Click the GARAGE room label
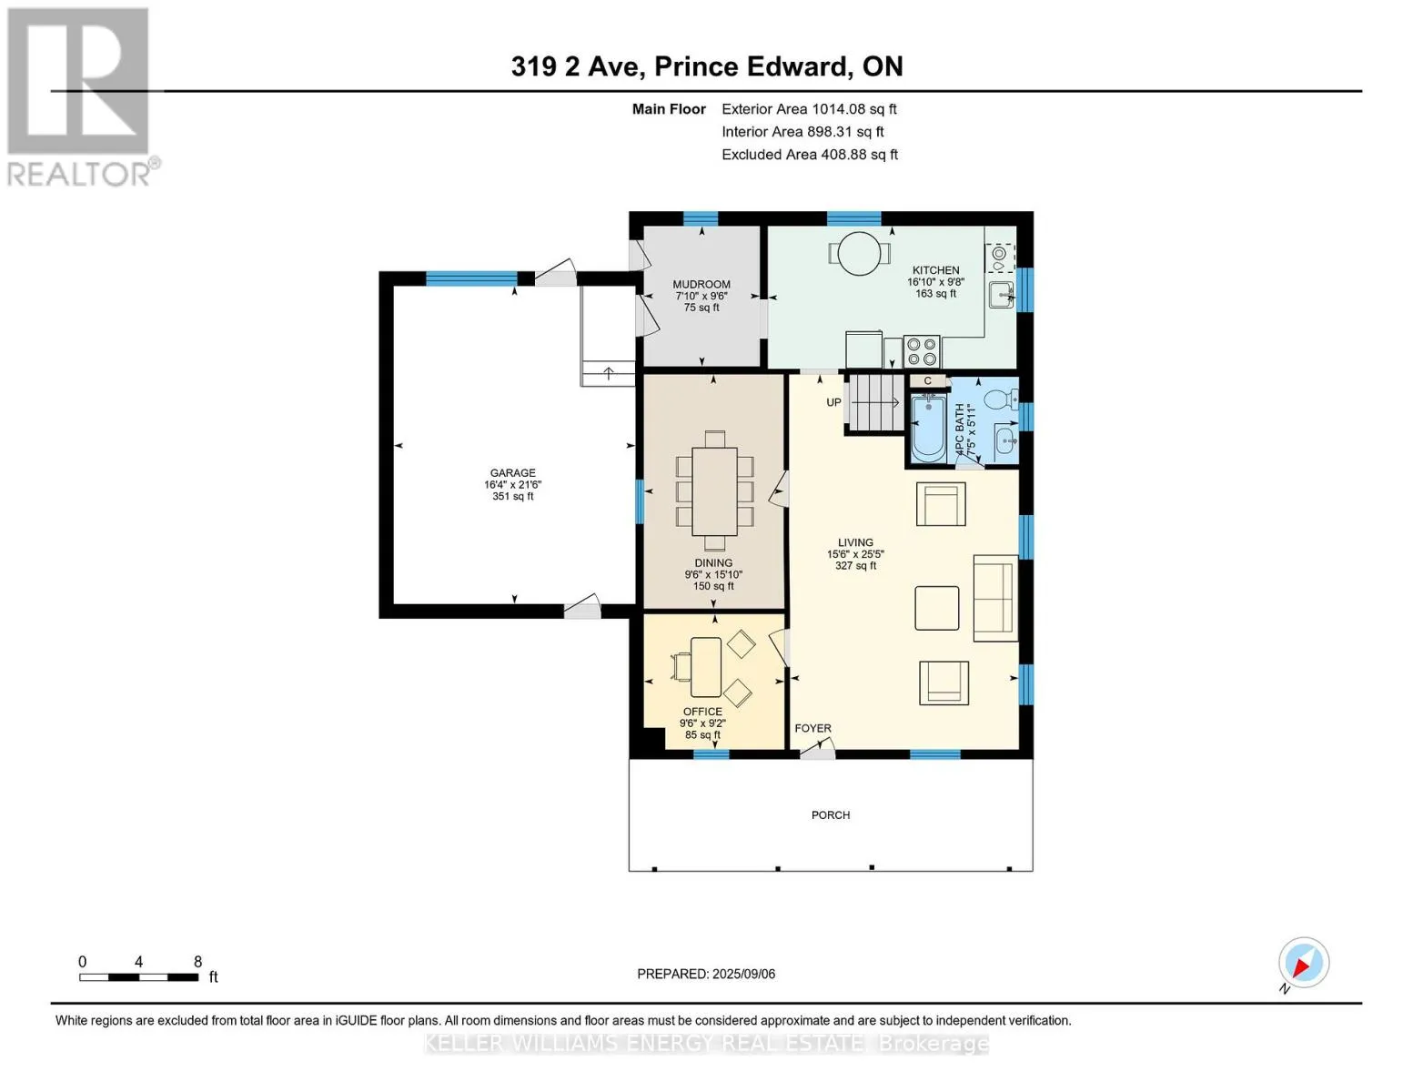click(512, 473)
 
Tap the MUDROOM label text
click(701, 284)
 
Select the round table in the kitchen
click(859, 253)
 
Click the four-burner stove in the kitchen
click(922, 351)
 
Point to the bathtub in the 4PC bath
click(927, 428)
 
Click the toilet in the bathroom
click(1001, 399)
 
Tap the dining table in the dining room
click(714, 490)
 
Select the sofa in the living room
click(995, 599)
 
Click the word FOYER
click(812, 728)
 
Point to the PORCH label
click(831, 815)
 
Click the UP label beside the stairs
click(833, 402)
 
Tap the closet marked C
click(928, 381)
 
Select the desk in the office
click(705, 667)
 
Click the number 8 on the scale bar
click(197, 961)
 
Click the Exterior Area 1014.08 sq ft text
click(809, 109)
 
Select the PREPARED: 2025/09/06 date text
click(706, 974)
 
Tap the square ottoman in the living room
click(936, 608)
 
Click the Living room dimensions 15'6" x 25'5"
click(856, 554)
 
